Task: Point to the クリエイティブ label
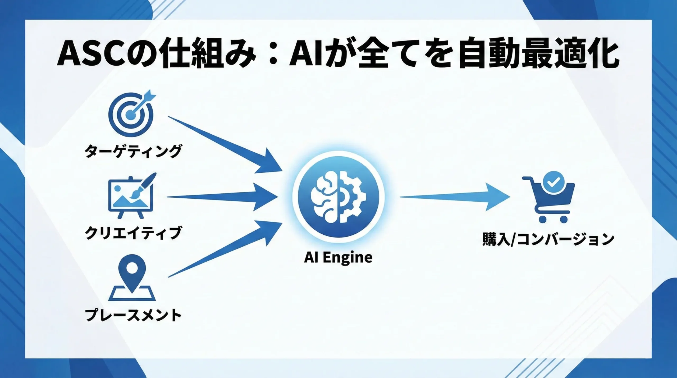pos(133,233)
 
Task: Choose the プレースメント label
pos(133,315)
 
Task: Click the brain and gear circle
pos(338,197)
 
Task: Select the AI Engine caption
pos(338,257)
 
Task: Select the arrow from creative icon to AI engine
pos(222,197)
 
